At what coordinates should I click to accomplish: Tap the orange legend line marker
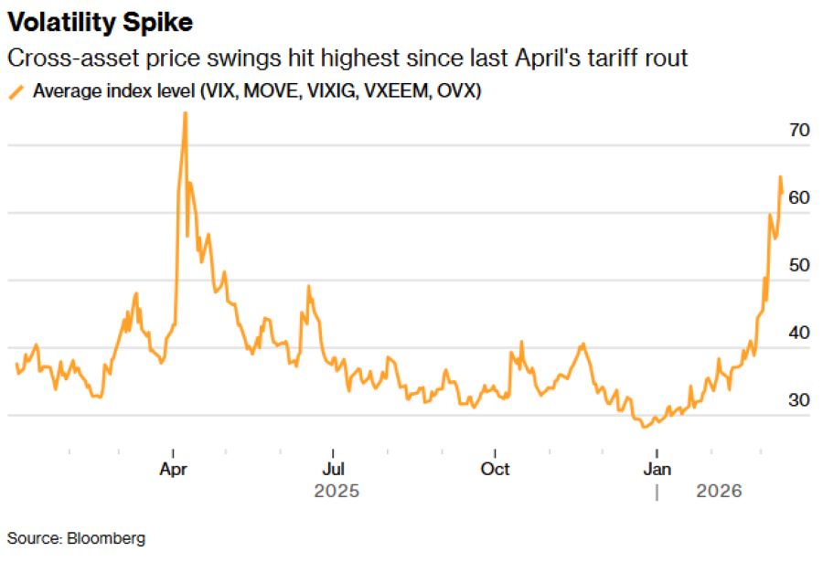click(16, 91)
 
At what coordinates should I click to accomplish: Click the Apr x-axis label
click(174, 469)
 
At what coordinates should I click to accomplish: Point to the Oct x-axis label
click(495, 469)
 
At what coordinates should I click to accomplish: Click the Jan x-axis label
click(657, 469)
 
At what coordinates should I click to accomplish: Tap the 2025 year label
click(337, 492)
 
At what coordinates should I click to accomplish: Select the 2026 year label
click(719, 492)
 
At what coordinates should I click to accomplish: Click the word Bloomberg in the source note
click(106, 538)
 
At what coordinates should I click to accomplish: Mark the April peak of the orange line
click(186, 112)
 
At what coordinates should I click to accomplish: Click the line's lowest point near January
click(645, 426)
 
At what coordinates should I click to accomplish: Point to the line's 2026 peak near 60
click(780, 176)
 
